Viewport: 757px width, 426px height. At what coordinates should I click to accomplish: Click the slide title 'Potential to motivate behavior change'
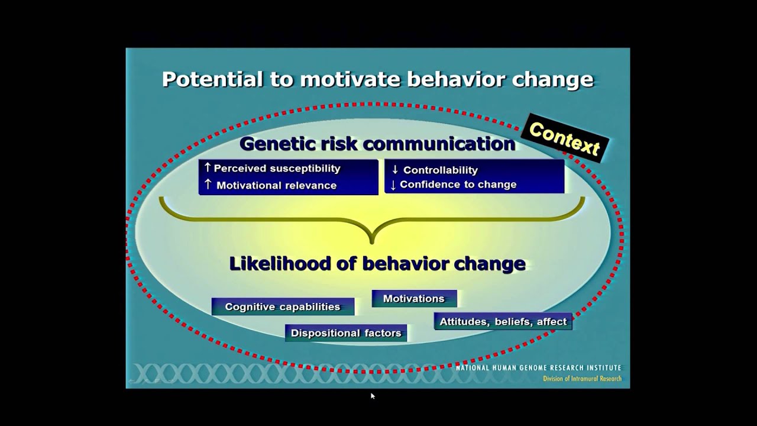tap(377, 79)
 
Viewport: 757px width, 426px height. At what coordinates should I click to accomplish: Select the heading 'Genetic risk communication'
tap(377, 144)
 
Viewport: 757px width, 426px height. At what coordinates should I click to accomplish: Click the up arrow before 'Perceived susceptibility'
tap(207, 168)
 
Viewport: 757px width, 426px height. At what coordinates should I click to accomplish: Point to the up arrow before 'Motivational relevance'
tap(208, 185)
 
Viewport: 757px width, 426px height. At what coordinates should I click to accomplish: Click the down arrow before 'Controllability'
tap(395, 170)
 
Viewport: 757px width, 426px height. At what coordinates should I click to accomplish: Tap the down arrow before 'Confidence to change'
tap(393, 185)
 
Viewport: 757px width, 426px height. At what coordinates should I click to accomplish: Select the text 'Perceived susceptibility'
tap(277, 169)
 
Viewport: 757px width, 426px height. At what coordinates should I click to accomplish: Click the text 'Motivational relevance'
tap(276, 185)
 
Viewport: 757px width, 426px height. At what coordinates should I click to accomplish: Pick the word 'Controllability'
tap(440, 170)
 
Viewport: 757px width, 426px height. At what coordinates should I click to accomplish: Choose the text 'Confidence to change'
tap(458, 185)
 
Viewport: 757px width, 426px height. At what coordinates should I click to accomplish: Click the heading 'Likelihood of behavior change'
tap(377, 264)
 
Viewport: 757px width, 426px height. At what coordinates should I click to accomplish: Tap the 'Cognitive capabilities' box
tap(283, 306)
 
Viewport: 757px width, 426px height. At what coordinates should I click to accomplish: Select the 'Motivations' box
tap(414, 299)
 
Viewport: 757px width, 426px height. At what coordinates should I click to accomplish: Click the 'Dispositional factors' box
tap(346, 333)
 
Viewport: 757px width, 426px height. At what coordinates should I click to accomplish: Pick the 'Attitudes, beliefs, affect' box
tap(503, 322)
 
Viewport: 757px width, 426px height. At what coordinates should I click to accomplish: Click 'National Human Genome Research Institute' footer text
tap(538, 368)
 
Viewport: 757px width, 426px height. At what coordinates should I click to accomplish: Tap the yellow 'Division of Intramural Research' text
tap(582, 379)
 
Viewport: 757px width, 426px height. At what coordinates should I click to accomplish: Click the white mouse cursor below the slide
tap(373, 396)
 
